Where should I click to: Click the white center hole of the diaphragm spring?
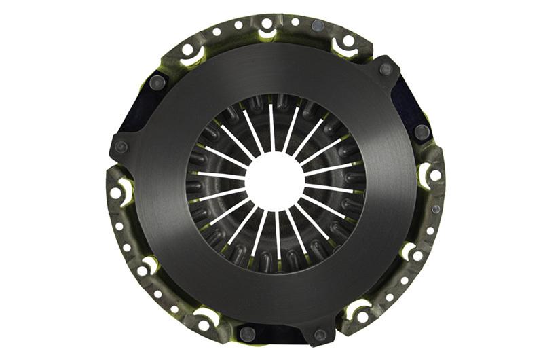click(x=274, y=179)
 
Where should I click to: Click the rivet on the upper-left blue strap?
click(x=157, y=83)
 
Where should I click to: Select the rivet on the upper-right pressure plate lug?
click(x=386, y=69)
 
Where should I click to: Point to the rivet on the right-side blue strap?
click(x=422, y=130)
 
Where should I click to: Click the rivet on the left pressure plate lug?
click(x=121, y=147)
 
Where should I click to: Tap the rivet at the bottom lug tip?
click(x=320, y=334)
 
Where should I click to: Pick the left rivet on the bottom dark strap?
click(x=248, y=333)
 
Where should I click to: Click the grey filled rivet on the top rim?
click(x=317, y=25)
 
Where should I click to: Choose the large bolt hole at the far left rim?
click(x=116, y=193)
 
